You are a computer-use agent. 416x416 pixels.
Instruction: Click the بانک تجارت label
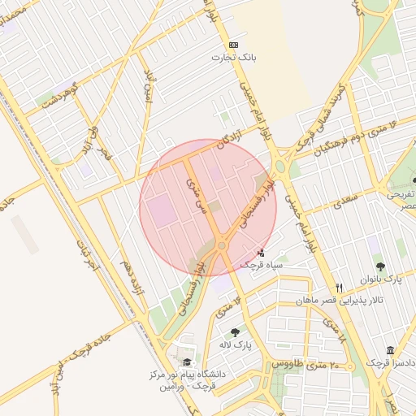point(234,58)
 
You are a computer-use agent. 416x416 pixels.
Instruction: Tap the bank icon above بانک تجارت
point(234,45)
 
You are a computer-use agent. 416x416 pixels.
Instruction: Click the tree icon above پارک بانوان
point(379,266)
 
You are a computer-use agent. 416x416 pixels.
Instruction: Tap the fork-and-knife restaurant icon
point(340,288)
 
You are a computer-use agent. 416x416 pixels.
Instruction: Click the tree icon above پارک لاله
point(235,331)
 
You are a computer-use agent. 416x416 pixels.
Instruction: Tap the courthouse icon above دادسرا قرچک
point(390,350)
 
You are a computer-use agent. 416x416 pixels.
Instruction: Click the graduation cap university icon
point(188,362)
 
